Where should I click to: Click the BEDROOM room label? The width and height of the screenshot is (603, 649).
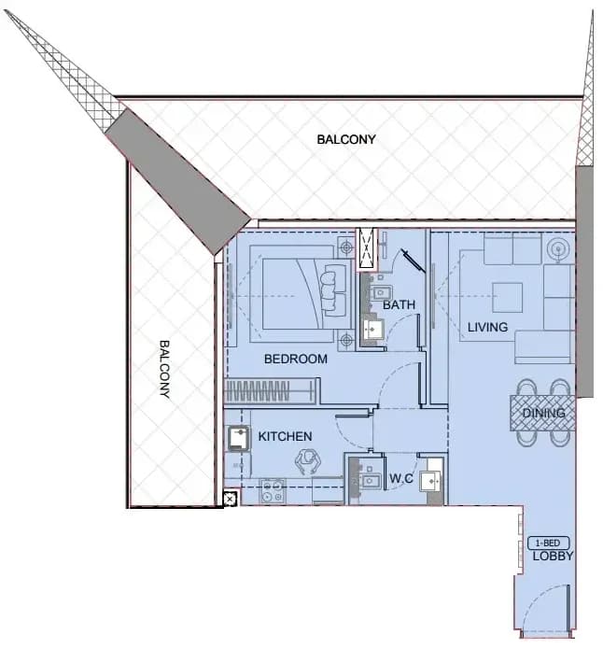coord(296,359)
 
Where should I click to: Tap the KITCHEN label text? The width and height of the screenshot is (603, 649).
coord(285,436)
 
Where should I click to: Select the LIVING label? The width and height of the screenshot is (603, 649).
coord(487,327)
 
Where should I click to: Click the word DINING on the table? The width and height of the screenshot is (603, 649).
coord(543,413)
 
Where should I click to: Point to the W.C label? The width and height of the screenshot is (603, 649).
coord(401,478)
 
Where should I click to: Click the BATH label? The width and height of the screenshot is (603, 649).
coord(399,304)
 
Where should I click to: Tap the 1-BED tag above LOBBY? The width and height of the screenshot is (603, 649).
coord(548,543)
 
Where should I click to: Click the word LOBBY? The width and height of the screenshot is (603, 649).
coord(553,556)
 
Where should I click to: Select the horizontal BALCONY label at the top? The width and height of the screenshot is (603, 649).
coord(346,139)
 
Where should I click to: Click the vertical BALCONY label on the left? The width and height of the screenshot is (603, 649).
coord(164,369)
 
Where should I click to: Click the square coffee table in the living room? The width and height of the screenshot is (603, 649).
coord(507,298)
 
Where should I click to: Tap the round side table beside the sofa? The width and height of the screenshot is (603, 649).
coord(558,249)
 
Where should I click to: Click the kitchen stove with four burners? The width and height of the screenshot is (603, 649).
coord(273,491)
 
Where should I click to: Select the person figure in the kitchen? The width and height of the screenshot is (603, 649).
coord(308,461)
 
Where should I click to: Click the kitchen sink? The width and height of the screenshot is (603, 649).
coord(238,439)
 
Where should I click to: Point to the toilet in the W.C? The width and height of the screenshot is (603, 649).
coord(431,481)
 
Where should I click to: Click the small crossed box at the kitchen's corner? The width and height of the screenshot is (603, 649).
coord(230,500)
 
